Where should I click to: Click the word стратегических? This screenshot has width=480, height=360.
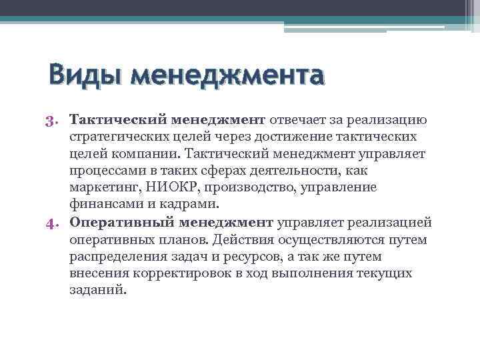pyautogui.click(x=124, y=137)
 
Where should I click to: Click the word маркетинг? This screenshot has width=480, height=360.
pyautogui.click(x=101, y=188)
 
